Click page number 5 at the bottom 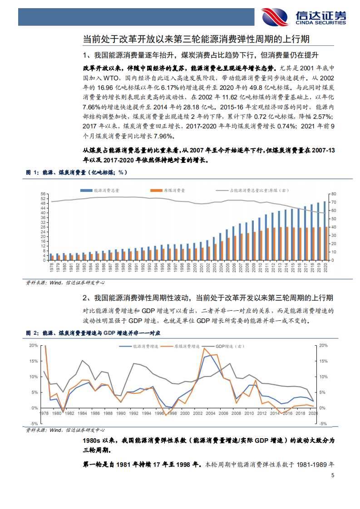[333, 476]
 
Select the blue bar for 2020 [324, 231]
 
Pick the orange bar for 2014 [287, 244]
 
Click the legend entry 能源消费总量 [101, 191]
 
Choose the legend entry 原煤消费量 [168, 191]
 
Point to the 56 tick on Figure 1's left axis [43, 194]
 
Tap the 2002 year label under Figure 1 [207, 267]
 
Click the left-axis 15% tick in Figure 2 [34, 361]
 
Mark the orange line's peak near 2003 [204, 348]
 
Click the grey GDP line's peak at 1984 [82, 361]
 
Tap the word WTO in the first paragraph [114, 78]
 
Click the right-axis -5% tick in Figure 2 [323, 424]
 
